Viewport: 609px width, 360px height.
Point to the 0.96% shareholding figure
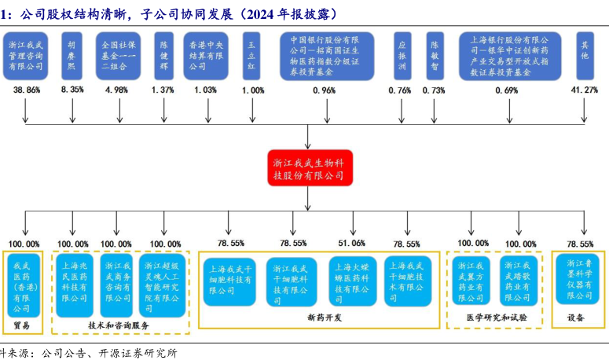click(324, 90)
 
